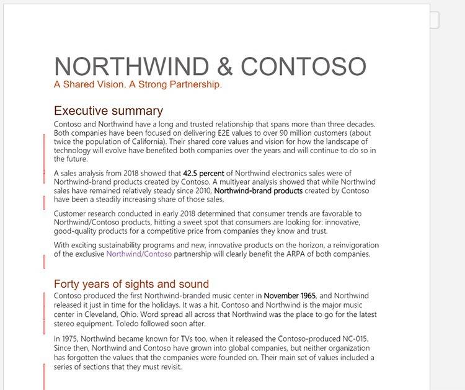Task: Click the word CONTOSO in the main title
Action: coord(303,66)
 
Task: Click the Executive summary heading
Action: coord(108,111)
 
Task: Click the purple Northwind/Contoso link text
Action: coord(139,254)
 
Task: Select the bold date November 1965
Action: coord(290,296)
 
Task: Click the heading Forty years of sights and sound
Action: coord(131,284)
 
